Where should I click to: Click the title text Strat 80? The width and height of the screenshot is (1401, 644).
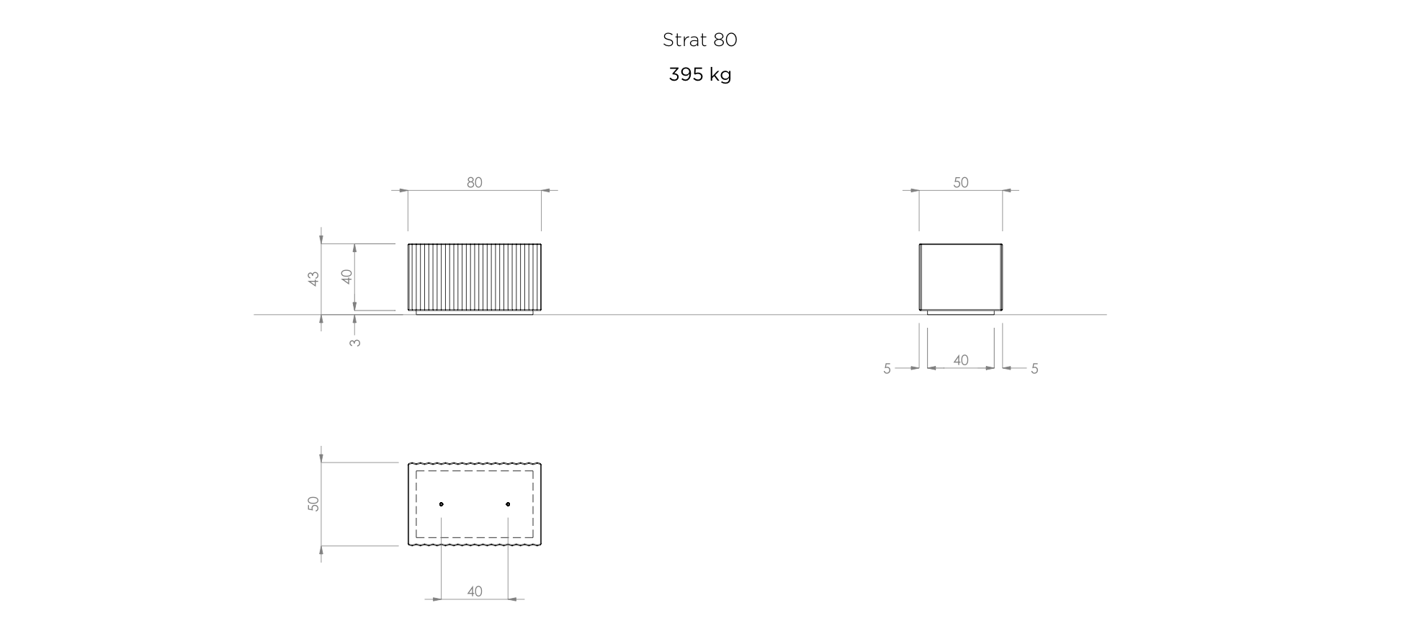coord(699,40)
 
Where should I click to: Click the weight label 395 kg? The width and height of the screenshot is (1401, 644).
coord(699,75)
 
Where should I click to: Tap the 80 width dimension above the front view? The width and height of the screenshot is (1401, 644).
coord(474,182)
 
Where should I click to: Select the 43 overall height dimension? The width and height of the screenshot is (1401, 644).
coord(313,279)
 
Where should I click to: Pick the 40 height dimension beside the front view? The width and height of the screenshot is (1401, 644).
coord(346,277)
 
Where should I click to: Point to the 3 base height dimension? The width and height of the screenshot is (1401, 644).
coord(355,343)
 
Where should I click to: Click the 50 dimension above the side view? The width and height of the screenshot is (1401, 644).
coord(960,182)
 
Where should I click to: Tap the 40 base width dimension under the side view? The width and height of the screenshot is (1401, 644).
coord(960,360)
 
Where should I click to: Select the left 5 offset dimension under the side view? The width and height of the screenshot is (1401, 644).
coord(887,369)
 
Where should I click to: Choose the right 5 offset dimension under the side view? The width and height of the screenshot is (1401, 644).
coord(1034,369)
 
